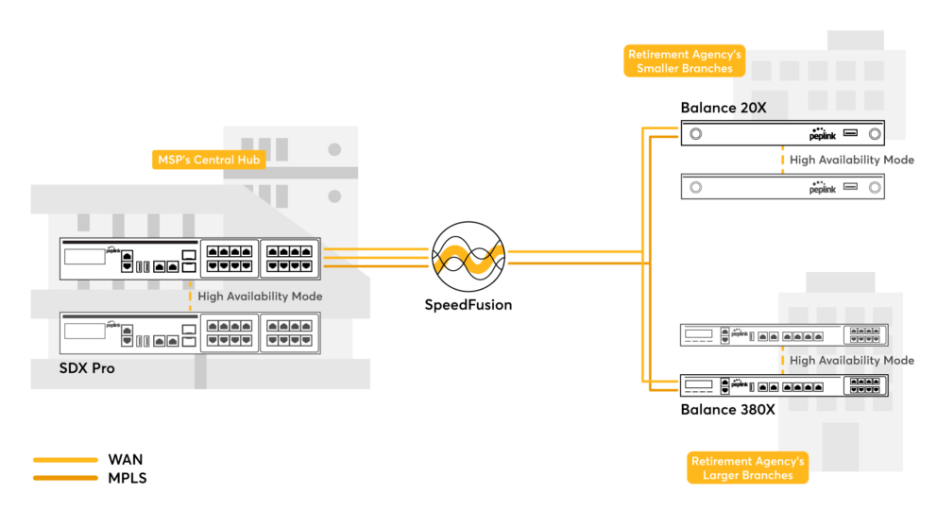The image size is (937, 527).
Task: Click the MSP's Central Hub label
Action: (207, 160)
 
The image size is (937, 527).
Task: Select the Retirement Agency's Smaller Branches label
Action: (685, 61)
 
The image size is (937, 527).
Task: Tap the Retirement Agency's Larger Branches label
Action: (747, 467)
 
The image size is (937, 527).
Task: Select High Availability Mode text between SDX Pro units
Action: (260, 297)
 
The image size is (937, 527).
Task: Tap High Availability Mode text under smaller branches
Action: (851, 160)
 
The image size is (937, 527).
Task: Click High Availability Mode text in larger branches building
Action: (851, 360)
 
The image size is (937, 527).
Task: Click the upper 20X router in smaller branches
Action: (783, 133)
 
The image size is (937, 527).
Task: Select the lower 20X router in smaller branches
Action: (783, 187)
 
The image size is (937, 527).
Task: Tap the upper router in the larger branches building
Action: (784, 334)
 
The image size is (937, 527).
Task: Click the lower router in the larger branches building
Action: (784, 384)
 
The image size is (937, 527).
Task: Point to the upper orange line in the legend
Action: (65, 460)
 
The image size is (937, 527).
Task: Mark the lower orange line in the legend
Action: (65, 478)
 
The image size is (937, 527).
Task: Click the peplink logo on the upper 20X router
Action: (823, 135)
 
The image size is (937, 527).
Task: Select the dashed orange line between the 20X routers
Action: (782, 160)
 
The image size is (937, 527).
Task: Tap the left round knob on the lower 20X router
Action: (696, 187)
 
